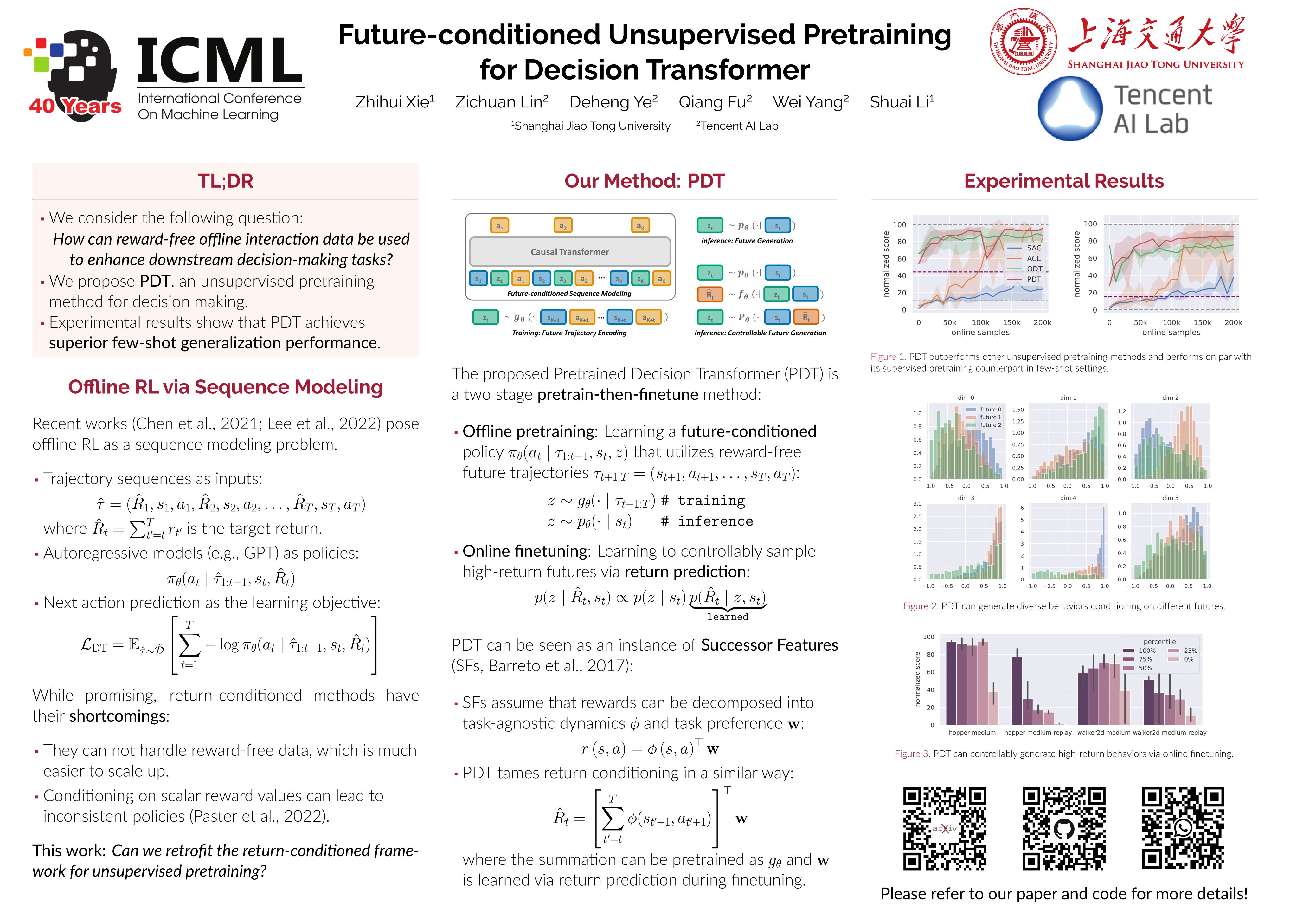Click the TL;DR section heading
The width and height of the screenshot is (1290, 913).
click(x=225, y=181)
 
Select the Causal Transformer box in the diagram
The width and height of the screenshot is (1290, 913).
click(x=570, y=252)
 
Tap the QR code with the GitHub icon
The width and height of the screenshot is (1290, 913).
click(x=1063, y=828)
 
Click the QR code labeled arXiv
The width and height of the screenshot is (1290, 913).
click(x=945, y=828)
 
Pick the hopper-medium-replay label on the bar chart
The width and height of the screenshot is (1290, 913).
click(x=1038, y=733)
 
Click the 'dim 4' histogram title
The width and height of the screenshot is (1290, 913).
click(x=1068, y=498)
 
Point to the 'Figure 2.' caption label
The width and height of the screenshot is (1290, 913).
click(x=920, y=606)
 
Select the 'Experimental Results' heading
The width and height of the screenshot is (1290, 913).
click(x=1063, y=181)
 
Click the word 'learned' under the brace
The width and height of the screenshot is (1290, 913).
click(x=728, y=617)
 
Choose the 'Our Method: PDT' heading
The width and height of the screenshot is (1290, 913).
click(x=645, y=181)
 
